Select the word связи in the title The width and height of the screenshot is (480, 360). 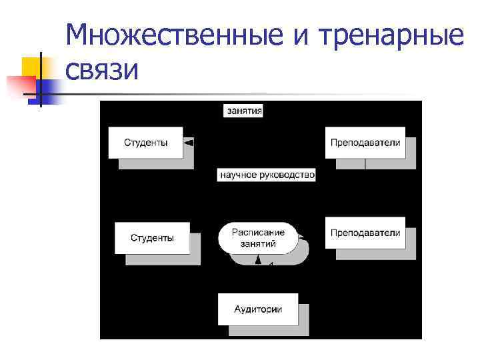pyautogui.click(x=103, y=68)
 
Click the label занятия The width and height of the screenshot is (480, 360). pyautogui.click(x=243, y=111)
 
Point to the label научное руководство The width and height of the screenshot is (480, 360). pyautogui.click(x=267, y=175)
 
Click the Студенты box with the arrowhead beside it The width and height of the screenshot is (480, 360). pyautogui.click(x=145, y=142)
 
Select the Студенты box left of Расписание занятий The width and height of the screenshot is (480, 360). pyautogui.click(x=152, y=237)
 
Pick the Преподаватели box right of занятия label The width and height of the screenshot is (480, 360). pyautogui.click(x=365, y=142)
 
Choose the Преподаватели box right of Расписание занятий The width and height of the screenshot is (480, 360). pyautogui.click(x=365, y=233)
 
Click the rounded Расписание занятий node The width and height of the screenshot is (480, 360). pyautogui.click(x=258, y=238)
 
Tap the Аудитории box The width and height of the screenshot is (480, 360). pyautogui.click(x=258, y=309)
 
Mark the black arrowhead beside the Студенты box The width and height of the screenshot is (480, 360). pyautogui.click(x=189, y=143)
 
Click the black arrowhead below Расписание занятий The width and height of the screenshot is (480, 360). pyautogui.click(x=258, y=261)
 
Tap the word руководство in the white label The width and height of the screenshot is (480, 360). pyautogui.click(x=287, y=175)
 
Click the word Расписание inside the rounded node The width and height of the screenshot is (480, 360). pyautogui.click(x=258, y=232)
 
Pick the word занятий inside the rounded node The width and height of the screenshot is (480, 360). pyautogui.click(x=258, y=244)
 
